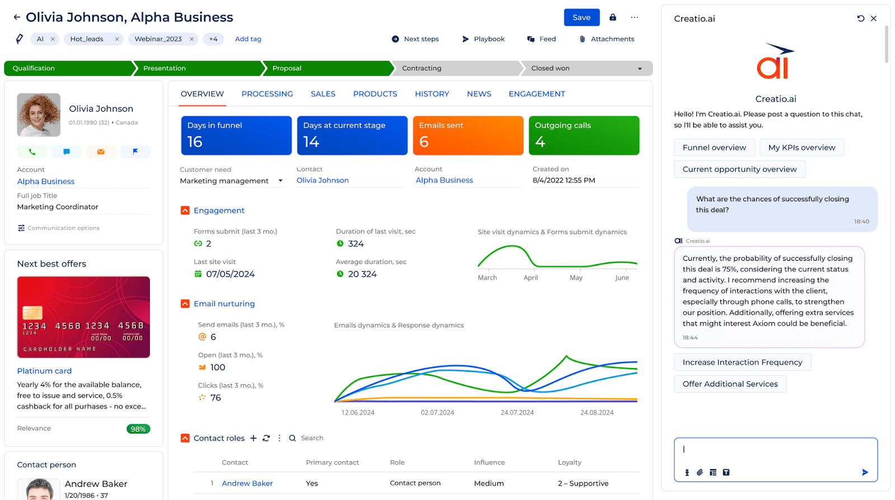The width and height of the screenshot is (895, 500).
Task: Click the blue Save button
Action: [581, 17]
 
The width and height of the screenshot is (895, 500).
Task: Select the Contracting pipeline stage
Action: [422, 68]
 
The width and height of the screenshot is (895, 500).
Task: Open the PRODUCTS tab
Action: [375, 94]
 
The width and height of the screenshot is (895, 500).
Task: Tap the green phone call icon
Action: [32, 152]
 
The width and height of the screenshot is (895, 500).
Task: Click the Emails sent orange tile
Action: [468, 135]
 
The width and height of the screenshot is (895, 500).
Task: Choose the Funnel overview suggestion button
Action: [714, 148]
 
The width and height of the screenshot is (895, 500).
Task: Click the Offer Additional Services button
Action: [730, 384]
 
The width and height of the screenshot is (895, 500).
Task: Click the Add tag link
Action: [248, 39]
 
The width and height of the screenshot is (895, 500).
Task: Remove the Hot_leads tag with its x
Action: [117, 39]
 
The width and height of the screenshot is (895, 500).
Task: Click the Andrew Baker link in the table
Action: [247, 484]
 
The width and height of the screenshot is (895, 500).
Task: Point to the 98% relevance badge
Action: [138, 429]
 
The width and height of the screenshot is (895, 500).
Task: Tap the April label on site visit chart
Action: [530, 278]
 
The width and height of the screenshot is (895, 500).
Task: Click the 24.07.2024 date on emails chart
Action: [517, 413]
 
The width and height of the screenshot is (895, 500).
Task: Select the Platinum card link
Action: [44, 371]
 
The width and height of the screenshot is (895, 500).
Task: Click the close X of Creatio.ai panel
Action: [874, 18]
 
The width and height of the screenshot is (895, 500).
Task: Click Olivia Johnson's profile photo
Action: [39, 115]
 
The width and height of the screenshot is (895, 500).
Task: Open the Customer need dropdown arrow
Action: [280, 181]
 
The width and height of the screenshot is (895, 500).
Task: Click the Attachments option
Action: [612, 39]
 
